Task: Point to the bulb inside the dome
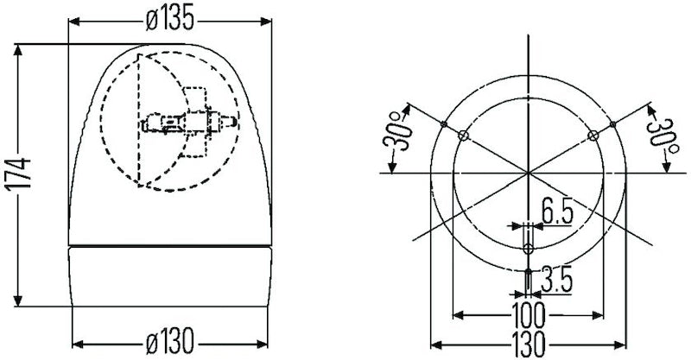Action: (187, 123)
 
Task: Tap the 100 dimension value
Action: (529, 313)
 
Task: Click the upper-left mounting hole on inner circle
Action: (464, 136)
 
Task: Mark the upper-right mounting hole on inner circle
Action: (593, 136)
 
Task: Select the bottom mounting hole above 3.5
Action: (528, 249)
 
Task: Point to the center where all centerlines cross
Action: (528, 173)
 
